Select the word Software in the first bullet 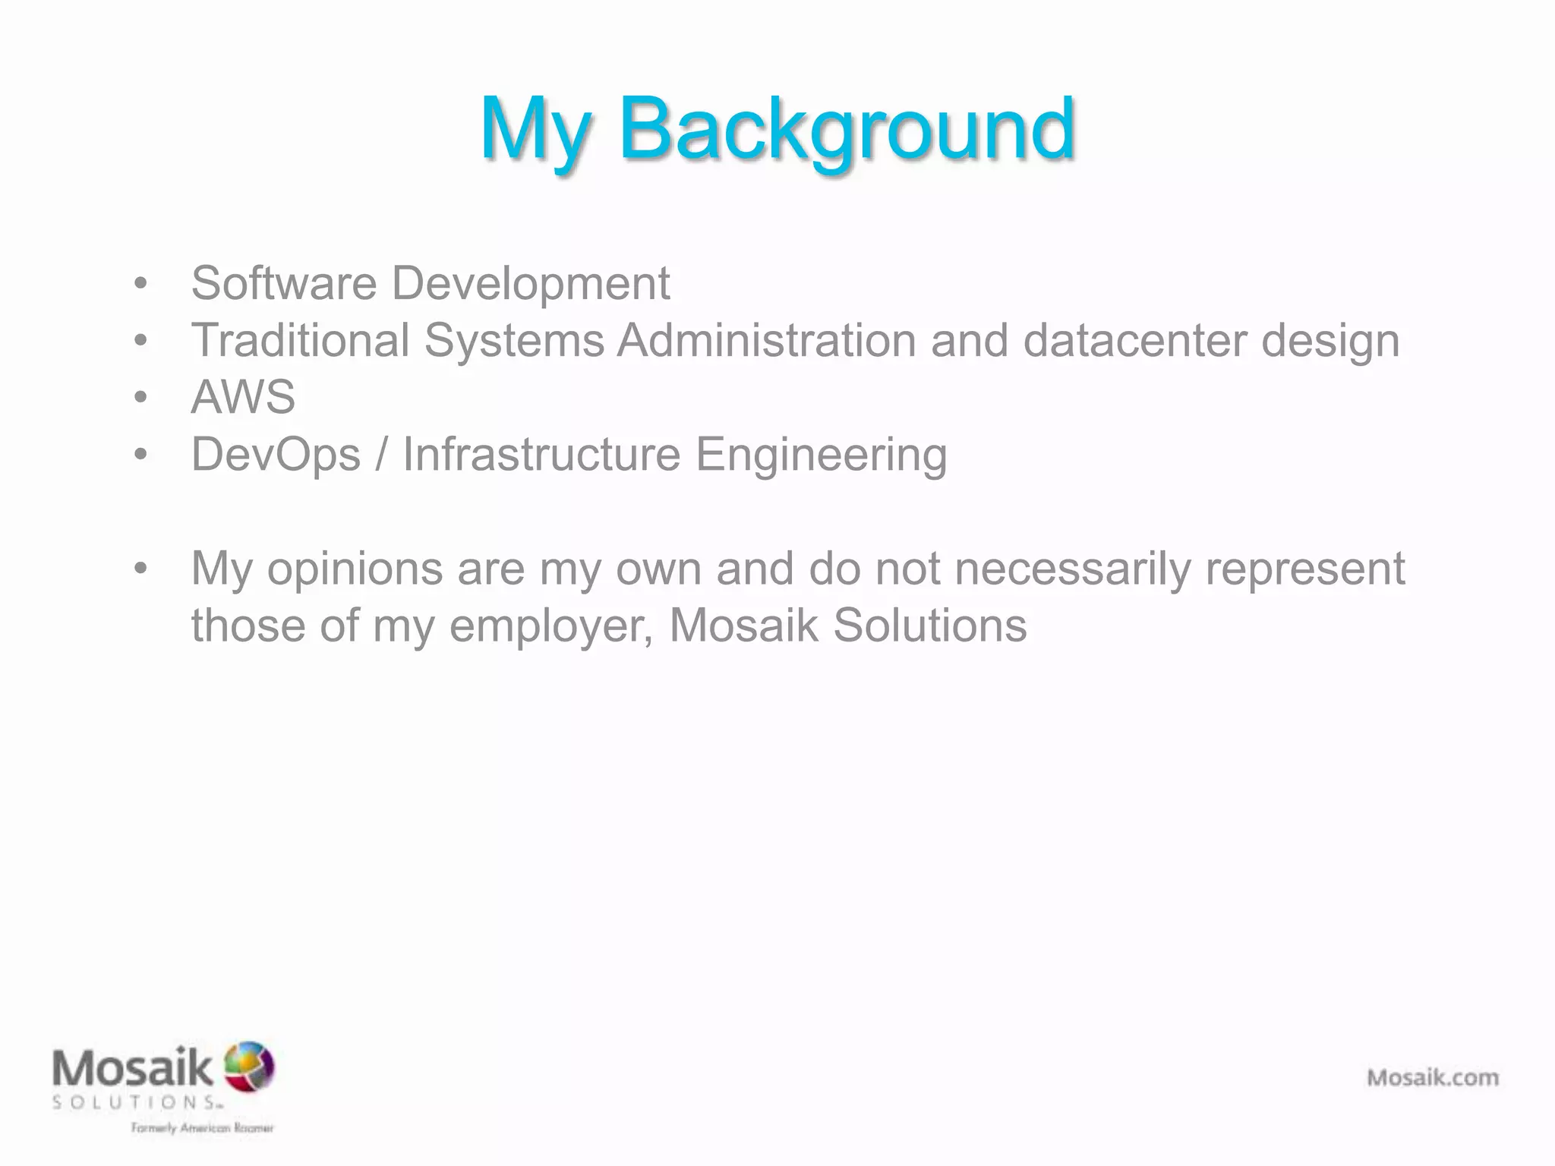[283, 283]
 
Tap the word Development [530, 284]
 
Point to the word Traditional [300, 340]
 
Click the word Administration [766, 340]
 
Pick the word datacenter [1134, 341]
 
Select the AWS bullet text [243, 397]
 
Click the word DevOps [276, 455]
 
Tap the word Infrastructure [541, 454]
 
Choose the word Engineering [822, 455]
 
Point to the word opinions [355, 569]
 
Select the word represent [1305, 569]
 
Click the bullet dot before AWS [140, 397]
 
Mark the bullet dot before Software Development [140, 284]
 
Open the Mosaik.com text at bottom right [1433, 1077]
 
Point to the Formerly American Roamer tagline [202, 1128]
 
